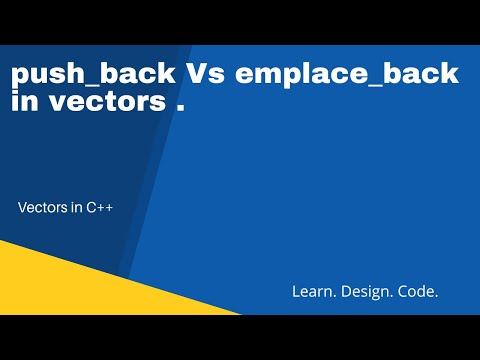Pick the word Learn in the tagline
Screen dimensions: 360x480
311,291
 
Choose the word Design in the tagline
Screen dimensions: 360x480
366,291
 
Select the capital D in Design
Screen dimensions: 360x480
346,291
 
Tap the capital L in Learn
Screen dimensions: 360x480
295,291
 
